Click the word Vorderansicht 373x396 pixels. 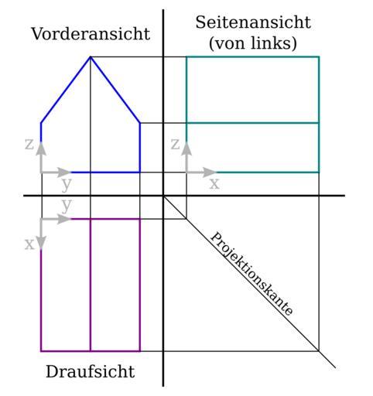tap(91, 34)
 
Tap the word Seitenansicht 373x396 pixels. tap(253, 22)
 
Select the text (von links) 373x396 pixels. tap(253, 43)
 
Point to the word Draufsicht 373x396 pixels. tap(91, 371)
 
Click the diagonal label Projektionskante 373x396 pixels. tap(252, 274)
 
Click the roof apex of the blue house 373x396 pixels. tap(91, 56)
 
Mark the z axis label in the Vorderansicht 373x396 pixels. tap(29, 144)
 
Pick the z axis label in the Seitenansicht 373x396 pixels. tap(175, 144)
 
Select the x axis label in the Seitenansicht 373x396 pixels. tap(214, 183)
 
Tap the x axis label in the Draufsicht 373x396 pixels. tap(29, 244)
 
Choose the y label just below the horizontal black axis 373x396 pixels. tap(67, 206)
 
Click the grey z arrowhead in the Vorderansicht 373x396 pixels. tap(41, 148)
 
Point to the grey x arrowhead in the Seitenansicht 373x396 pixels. tap(209, 172)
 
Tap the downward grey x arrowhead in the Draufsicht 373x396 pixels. tap(41, 243)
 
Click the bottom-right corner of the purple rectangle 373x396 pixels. tap(140, 351)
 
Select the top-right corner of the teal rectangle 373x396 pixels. tap(319, 56)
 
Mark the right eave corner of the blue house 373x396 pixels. tap(140, 123)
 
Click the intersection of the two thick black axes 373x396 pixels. tap(163, 196)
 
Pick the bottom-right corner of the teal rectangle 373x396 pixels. tap(319, 172)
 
